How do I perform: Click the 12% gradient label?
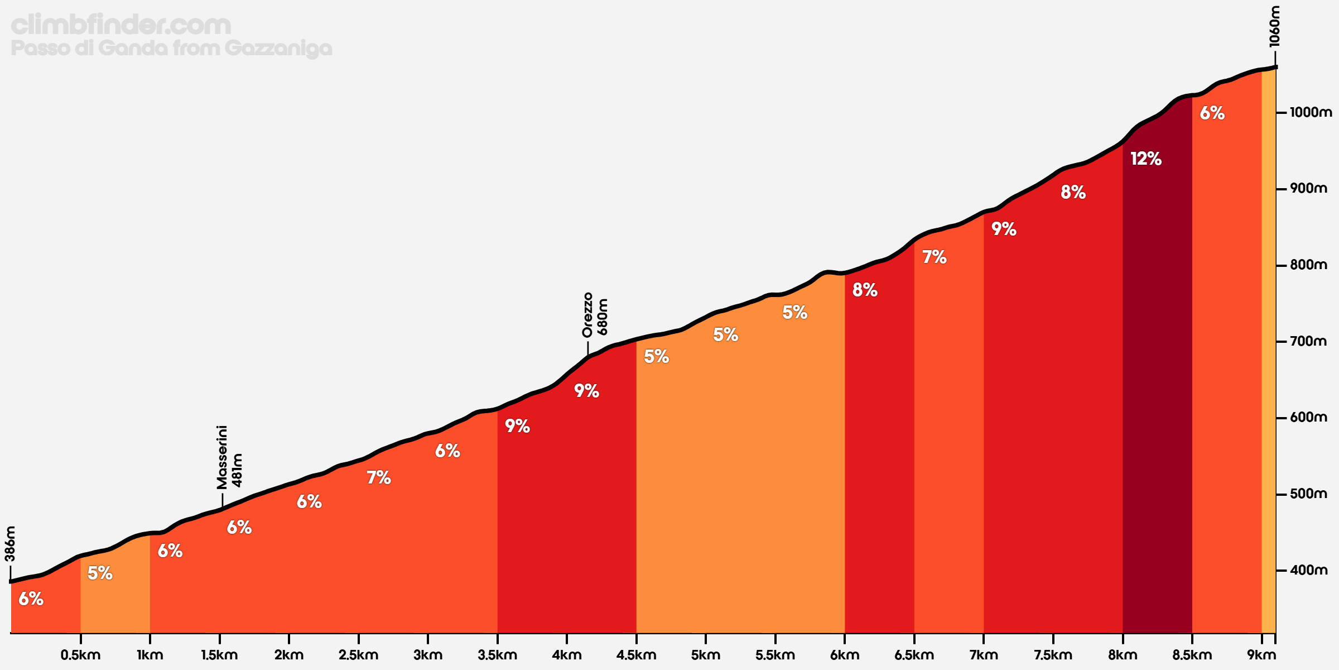(x=1146, y=159)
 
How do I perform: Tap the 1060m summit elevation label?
(x=1274, y=27)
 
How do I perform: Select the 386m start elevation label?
(x=10, y=543)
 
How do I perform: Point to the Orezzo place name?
(x=587, y=315)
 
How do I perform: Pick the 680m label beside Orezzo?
(x=603, y=317)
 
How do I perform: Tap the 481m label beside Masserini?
(x=237, y=470)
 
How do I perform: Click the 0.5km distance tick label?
(x=80, y=655)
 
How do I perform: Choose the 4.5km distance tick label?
(x=636, y=655)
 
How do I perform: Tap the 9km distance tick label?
(x=1261, y=655)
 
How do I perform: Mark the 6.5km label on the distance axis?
(x=914, y=655)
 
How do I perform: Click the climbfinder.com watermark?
(x=121, y=25)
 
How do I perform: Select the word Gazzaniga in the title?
(x=278, y=49)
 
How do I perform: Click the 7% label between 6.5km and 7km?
(x=935, y=257)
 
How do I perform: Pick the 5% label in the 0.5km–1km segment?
(x=100, y=573)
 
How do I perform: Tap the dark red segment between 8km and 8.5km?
(x=1157, y=391)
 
